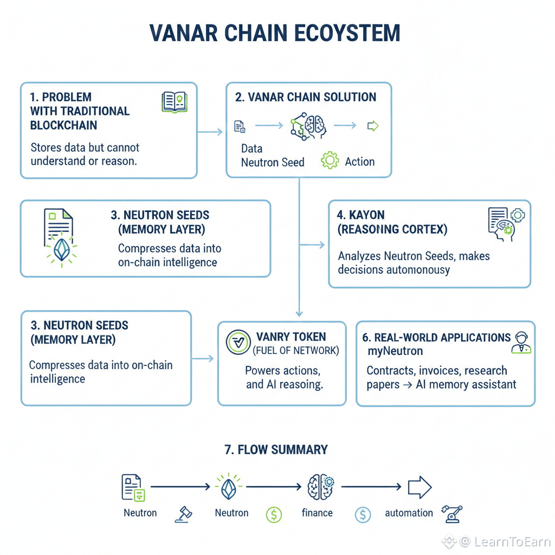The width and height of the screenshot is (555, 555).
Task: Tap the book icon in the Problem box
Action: click(x=174, y=102)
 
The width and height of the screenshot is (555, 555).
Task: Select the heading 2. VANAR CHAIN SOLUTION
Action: click(x=306, y=98)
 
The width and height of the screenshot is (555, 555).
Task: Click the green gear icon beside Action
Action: click(x=330, y=161)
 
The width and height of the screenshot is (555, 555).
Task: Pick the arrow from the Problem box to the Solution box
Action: click(x=210, y=132)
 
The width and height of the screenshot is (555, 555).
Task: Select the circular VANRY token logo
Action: click(x=237, y=342)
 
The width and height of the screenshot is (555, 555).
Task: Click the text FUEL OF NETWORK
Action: click(x=296, y=351)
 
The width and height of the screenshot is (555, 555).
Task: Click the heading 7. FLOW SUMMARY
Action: click(x=276, y=450)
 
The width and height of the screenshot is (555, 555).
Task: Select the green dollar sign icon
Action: click(x=274, y=514)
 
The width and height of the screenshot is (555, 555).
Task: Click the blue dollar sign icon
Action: click(x=363, y=514)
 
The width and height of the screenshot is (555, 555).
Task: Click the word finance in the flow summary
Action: click(x=317, y=513)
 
